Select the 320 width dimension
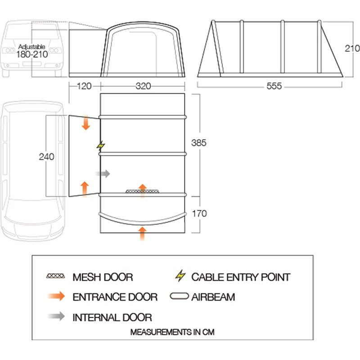coord(143,86)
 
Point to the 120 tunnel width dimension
coord(84,86)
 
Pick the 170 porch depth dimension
coord(198,213)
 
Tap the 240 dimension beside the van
coord(46,157)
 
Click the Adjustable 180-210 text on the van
coord(32,51)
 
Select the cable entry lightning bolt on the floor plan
coord(101,146)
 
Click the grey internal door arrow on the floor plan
coord(103,173)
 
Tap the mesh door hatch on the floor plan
coord(142,192)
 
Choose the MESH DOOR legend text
coord(103,277)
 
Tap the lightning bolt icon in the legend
coord(180,277)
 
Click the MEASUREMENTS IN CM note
coord(172,333)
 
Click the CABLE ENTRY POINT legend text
coord(241,277)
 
